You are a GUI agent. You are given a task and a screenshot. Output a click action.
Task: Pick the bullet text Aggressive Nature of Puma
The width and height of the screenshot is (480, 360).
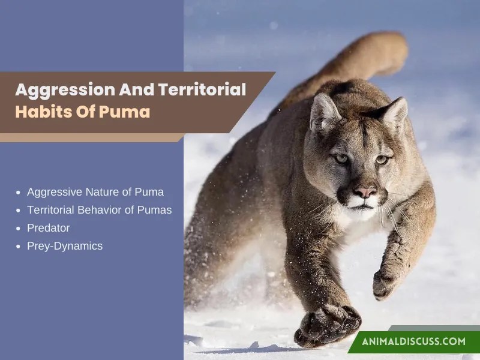[x=95, y=192]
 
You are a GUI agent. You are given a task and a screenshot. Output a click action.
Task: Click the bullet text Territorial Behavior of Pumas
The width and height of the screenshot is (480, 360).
[x=100, y=210]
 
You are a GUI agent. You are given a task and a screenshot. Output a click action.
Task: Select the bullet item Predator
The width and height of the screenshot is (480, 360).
[x=49, y=228]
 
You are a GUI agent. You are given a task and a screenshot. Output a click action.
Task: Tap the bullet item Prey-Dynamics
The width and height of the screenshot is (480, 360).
[x=65, y=245]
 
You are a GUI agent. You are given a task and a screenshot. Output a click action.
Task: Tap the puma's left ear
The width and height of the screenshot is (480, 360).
[x=325, y=112]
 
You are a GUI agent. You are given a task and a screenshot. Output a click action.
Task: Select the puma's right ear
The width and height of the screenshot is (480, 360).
[x=394, y=114]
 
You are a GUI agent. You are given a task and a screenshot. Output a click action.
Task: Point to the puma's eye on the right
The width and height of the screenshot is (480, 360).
[x=382, y=160]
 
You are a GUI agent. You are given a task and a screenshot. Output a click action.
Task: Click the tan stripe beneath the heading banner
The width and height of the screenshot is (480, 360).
[x=90, y=137]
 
